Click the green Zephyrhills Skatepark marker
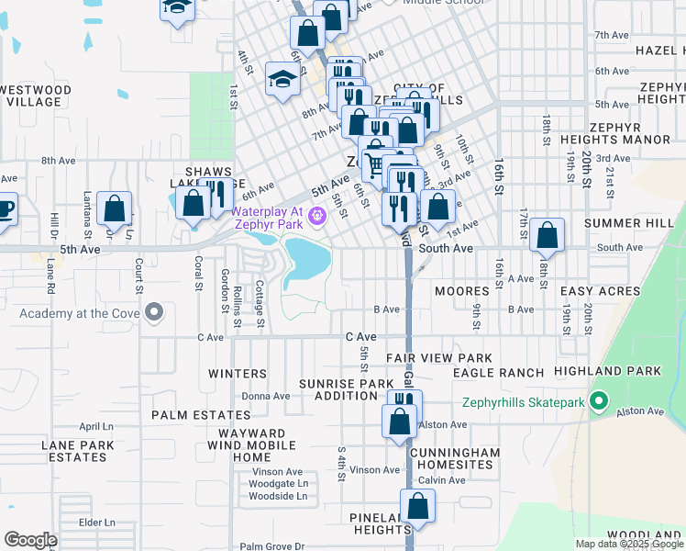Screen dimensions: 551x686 pyautogui.click(x=600, y=401)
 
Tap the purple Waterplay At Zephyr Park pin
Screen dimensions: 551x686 pyautogui.click(x=317, y=217)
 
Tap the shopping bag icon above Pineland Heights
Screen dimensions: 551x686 pyautogui.click(x=417, y=506)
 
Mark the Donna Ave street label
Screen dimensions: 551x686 pyautogui.click(x=265, y=396)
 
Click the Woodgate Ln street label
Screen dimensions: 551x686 pyautogui.click(x=278, y=483)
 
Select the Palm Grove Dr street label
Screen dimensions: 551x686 pyautogui.click(x=271, y=546)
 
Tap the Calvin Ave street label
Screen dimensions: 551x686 pyautogui.click(x=442, y=480)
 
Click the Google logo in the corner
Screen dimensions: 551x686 pyautogui.click(x=30, y=540)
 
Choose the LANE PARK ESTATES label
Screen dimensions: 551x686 pyautogui.click(x=78, y=451)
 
